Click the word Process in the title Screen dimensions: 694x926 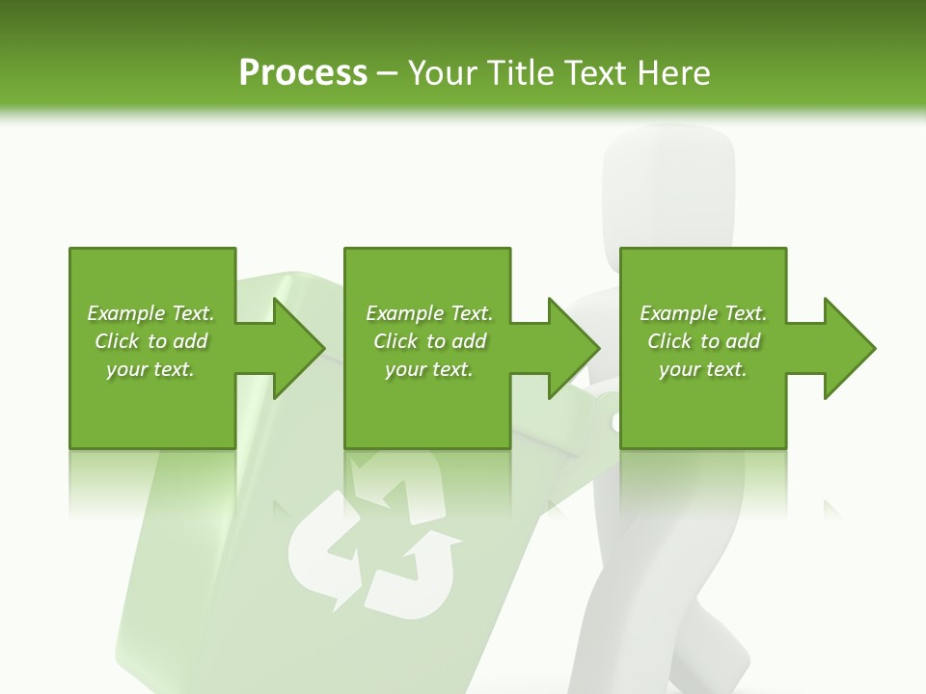303,73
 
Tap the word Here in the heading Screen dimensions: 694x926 673,73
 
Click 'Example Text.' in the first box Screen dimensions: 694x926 150,313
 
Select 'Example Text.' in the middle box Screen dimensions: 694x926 429,313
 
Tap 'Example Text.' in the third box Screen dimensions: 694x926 703,313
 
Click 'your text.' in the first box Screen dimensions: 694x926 150,369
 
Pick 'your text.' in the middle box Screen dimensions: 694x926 429,369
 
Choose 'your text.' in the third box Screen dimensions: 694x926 703,369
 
